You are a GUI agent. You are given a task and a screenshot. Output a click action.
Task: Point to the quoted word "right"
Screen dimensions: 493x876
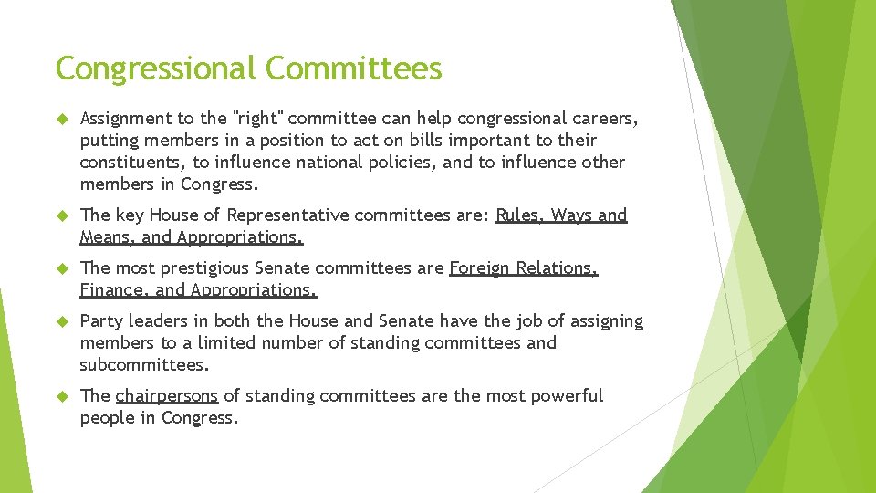tap(259, 118)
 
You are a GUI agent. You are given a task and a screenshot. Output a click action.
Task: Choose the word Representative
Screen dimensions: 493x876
tap(284, 215)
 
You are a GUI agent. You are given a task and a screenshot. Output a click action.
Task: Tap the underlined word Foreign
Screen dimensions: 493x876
tap(480, 268)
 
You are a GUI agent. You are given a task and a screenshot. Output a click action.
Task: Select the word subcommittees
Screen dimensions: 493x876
tap(144, 365)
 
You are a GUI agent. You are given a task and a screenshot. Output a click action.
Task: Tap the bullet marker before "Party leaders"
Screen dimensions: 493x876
tap(62, 321)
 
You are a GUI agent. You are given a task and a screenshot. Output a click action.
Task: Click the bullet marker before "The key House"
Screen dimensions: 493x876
tap(62, 215)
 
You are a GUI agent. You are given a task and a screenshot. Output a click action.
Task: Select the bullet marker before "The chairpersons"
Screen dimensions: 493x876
tap(62, 396)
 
